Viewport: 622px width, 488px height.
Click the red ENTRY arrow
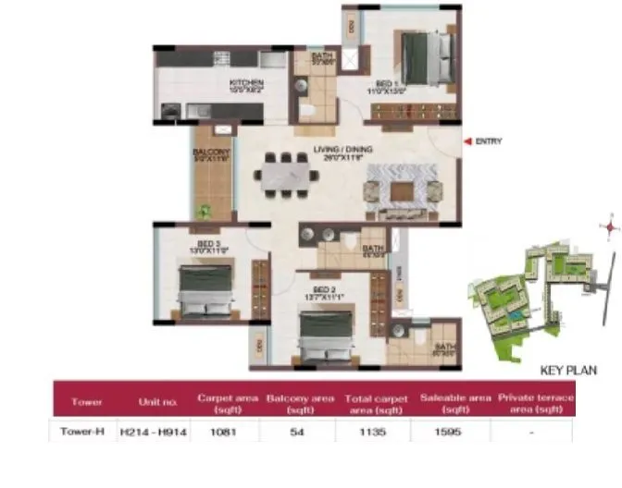point(466,140)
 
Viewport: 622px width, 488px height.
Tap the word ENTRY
point(489,140)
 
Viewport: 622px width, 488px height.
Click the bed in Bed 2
point(326,339)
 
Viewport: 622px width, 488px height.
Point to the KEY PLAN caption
point(567,370)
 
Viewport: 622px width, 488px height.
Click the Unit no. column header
point(155,401)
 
